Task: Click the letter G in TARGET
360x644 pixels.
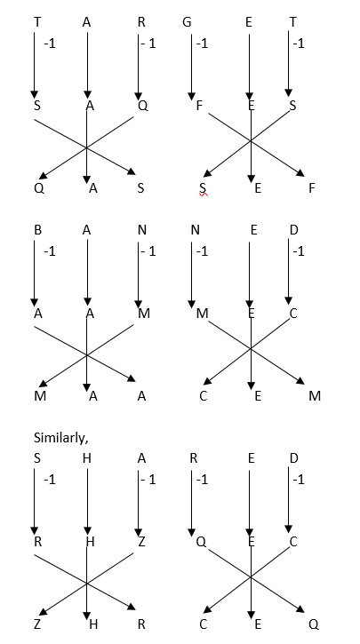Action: point(187,22)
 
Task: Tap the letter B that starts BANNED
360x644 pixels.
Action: point(37,230)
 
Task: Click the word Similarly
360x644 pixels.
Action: point(60,438)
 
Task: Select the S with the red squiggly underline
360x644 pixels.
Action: point(202,188)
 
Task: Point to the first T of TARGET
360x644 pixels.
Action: point(37,22)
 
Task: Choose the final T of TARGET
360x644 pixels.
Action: point(292,22)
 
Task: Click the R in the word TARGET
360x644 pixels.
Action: point(141,22)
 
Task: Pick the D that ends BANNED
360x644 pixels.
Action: point(293,230)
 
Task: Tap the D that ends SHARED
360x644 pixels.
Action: point(293,458)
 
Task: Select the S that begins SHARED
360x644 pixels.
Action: point(37,458)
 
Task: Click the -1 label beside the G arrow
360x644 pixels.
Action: point(202,44)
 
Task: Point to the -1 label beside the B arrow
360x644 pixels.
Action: point(49,251)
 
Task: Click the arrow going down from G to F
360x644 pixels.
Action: point(191,67)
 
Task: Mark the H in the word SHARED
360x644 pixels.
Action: point(87,458)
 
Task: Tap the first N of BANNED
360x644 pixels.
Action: point(142,230)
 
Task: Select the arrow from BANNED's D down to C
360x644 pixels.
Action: point(289,273)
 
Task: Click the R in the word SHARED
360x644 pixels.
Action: point(194,458)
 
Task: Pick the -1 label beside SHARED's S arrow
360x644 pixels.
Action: point(49,480)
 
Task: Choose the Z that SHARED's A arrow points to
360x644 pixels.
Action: point(142,542)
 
